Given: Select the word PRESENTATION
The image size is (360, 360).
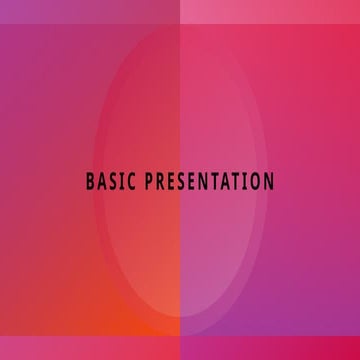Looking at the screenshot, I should tap(210, 182).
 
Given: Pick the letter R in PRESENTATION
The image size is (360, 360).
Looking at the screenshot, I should tap(162, 182).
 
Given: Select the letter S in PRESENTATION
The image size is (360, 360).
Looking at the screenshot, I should tap(185, 182).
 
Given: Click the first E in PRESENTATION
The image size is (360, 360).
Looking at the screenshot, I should tap(174, 182).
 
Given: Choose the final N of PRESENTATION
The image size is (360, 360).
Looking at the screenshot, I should tap(268, 182).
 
